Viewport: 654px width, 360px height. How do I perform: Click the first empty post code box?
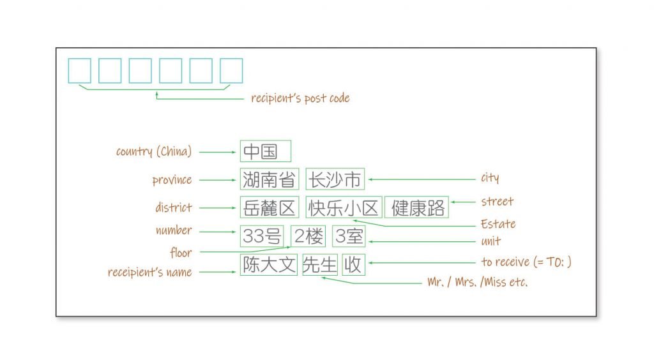click(x=79, y=71)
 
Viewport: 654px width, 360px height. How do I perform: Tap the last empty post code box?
click(x=231, y=71)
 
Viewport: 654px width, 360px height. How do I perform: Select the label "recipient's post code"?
click(x=300, y=98)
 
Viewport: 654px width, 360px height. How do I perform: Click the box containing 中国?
click(x=265, y=151)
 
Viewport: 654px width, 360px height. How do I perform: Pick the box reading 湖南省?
click(x=270, y=179)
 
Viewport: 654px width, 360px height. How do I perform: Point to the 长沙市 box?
click(x=335, y=179)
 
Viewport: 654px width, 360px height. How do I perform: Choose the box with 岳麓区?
click(x=270, y=207)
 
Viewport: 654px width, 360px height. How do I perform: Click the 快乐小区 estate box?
click(x=344, y=207)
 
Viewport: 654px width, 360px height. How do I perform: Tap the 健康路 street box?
click(x=416, y=207)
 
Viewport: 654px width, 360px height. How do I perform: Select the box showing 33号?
click(x=261, y=236)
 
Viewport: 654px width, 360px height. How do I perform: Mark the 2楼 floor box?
click(x=308, y=236)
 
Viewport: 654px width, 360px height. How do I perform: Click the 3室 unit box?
click(x=349, y=236)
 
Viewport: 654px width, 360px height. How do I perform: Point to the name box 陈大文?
click(x=269, y=265)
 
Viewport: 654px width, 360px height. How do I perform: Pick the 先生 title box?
click(x=319, y=265)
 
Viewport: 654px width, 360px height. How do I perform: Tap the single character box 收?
click(x=353, y=265)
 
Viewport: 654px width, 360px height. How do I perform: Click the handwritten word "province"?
click(x=172, y=180)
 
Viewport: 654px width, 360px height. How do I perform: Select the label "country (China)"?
click(x=153, y=151)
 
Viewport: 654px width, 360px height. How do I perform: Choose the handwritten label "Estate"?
click(x=498, y=224)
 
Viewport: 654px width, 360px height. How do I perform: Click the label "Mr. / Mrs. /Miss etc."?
click(x=478, y=282)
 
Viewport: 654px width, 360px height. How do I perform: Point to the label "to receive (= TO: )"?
click(x=526, y=262)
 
